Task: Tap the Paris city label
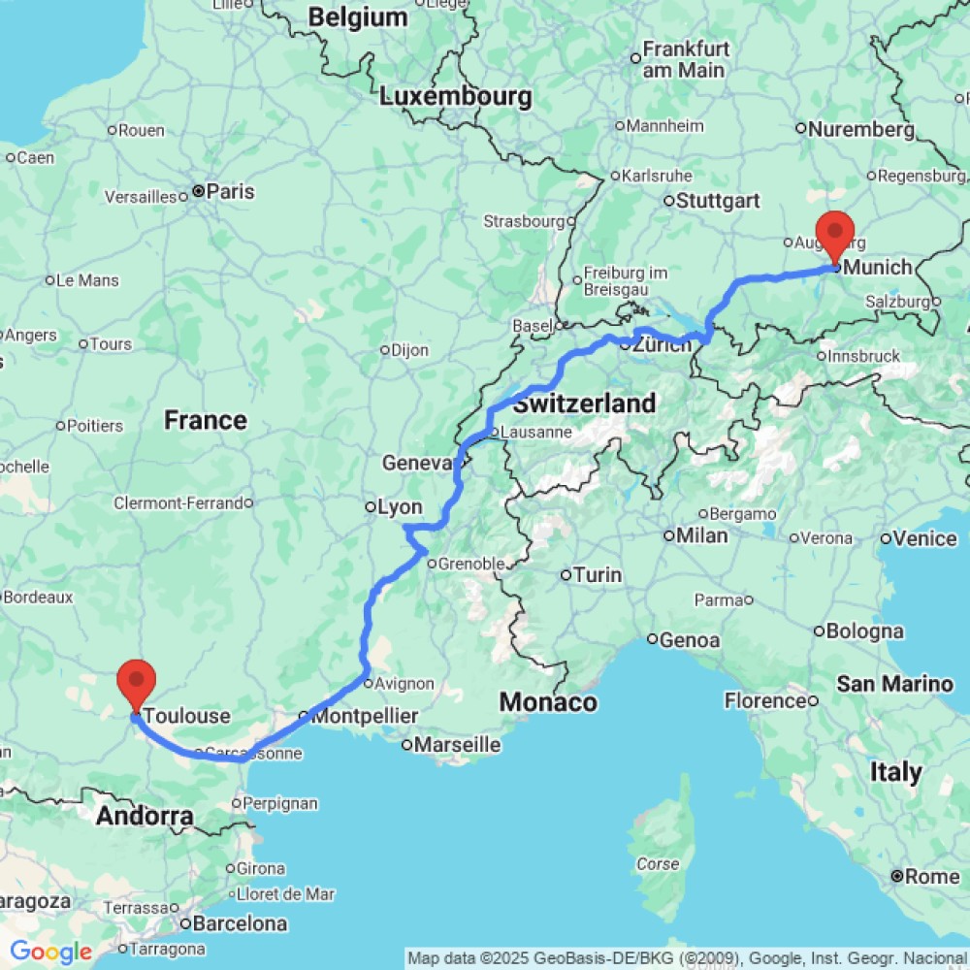coord(230,192)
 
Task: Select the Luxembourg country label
coord(456,97)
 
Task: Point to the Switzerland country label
coord(585,404)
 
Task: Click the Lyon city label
coord(399,507)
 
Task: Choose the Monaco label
coord(548,702)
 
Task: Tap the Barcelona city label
coord(239,923)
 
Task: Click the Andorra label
coord(145,816)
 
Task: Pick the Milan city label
coord(702,535)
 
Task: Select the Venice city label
coord(924,538)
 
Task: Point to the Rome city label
coord(932,877)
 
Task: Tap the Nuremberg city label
coord(860,129)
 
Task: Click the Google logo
coord(50,953)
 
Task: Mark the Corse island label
coord(658,864)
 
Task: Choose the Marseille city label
coord(457,745)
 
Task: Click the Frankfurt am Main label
coord(685,59)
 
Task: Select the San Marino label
coord(894,685)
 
